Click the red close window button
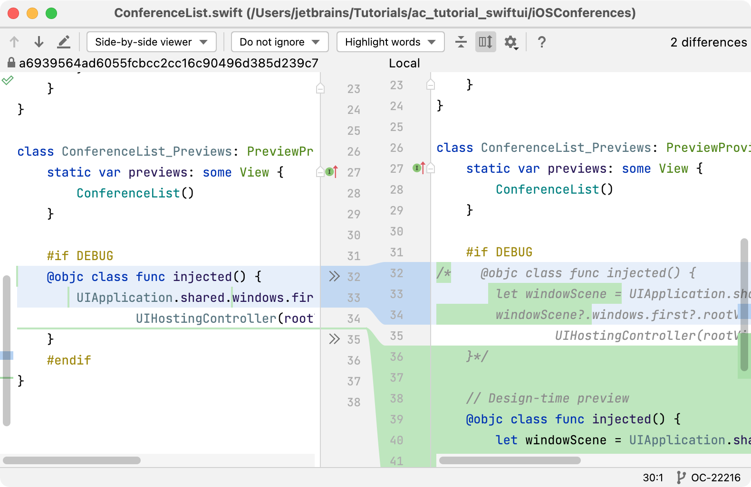click(x=13, y=13)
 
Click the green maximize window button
click(x=51, y=13)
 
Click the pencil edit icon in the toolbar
click(x=64, y=42)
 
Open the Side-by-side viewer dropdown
click(x=151, y=42)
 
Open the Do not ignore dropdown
click(x=279, y=42)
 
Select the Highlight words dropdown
click(x=391, y=42)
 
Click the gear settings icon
click(x=511, y=42)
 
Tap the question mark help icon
click(x=541, y=42)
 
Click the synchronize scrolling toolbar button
click(x=485, y=42)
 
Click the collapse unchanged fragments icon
click(x=461, y=42)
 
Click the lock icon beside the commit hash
click(x=11, y=63)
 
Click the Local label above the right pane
click(x=404, y=63)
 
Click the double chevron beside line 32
click(x=334, y=276)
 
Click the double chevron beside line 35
click(x=334, y=339)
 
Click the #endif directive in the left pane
click(x=69, y=360)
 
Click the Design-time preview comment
click(x=548, y=398)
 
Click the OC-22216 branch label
click(x=715, y=478)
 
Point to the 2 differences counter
click(x=708, y=42)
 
